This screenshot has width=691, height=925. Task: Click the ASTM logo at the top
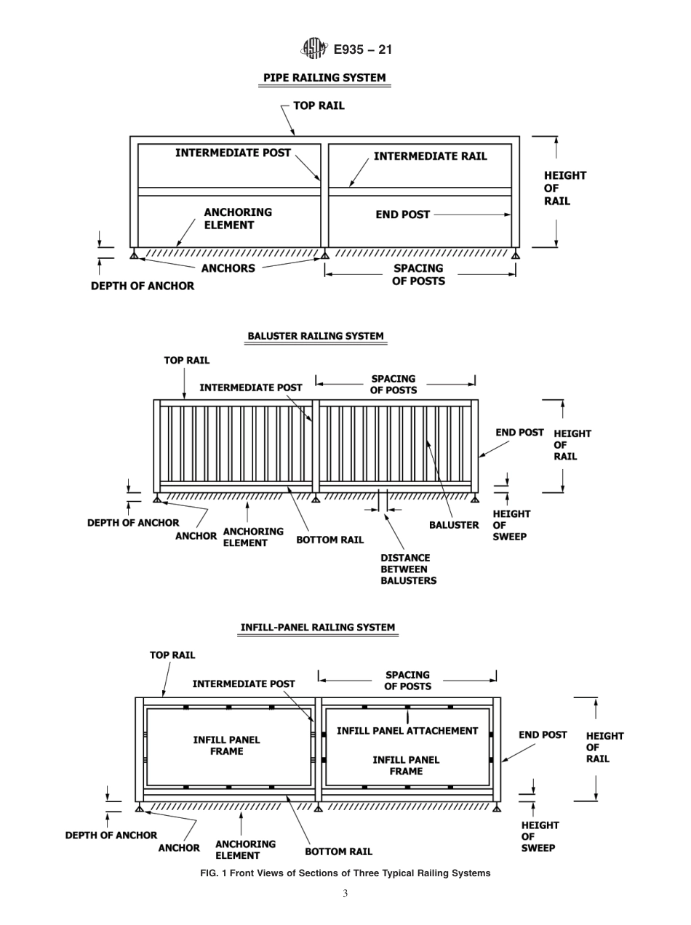tap(313, 49)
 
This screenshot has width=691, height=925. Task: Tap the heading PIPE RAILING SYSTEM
tap(324, 78)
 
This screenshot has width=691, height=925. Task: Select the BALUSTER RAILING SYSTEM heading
tap(316, 336)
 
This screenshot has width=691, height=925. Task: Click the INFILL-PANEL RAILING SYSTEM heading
tap(318, 627)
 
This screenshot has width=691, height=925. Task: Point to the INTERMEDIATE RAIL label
tap(430, 156)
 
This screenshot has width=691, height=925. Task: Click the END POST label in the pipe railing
tap(402, 215)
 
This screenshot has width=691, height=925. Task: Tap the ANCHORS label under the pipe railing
tap(228, 268)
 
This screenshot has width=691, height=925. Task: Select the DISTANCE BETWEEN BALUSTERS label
tap(405, 569)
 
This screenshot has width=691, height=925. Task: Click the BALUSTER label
tap(454, 525)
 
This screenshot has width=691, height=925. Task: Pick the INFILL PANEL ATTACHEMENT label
tap(407, 731)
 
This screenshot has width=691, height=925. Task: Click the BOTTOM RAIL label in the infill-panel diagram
tap(338, 851)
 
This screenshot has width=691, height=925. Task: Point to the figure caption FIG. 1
tap(345, 873)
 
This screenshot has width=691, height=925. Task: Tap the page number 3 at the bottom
tap(345, 894)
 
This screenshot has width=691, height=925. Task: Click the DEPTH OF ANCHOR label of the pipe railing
tap(143, 287)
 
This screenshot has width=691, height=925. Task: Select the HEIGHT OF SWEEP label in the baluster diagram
tap(511, 525)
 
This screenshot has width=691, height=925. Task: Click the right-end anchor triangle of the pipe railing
tap(516, 255)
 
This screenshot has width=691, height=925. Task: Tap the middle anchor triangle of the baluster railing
tap(316, 498)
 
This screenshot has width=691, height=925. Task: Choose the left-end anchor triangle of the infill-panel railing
tap(139, 807)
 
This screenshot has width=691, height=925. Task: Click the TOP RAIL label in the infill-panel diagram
tap(172, 655)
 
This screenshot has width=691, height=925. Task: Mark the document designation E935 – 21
tap(362, 49)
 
